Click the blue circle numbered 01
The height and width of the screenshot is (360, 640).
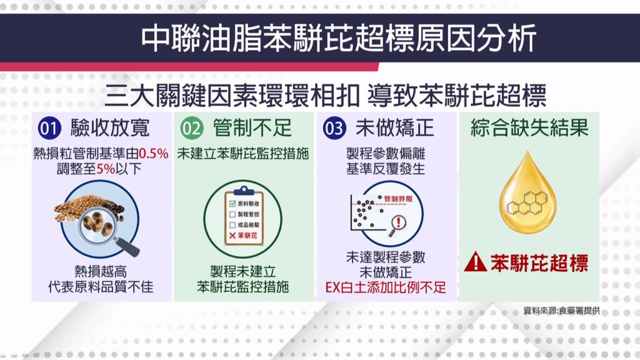pos(49,128)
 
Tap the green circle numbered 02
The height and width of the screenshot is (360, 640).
pos(192,128)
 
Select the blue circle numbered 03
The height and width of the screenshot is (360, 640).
pos(334,128)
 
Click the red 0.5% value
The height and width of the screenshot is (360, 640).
pos(154,154)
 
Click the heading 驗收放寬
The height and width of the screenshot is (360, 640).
pos(110,128)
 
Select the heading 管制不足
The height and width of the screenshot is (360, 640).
pos(252,128)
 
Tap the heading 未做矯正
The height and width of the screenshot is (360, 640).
pos(395,128)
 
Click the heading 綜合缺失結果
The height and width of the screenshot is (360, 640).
pos(529,127)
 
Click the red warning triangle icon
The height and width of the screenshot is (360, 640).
pos(476,262)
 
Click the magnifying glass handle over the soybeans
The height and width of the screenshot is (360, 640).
pos(127,246)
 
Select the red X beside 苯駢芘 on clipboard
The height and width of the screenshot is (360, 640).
pos(232,236)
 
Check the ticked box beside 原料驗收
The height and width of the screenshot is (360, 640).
pos(232,204)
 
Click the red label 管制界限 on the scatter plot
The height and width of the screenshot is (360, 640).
pos(398,199)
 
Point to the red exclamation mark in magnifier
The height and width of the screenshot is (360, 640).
pos(398,222)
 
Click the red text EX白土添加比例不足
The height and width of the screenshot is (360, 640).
pos(386,287)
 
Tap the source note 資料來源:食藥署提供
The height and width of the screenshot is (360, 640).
pos(562,311)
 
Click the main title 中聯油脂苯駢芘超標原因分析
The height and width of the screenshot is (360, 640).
pos(339,39)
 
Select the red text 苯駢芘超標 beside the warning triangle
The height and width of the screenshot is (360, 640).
pos(539,263)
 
